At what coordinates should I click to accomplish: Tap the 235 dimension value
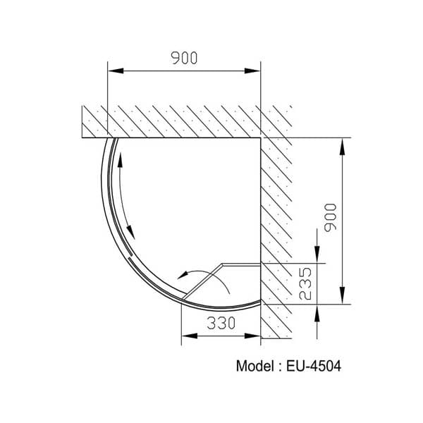click(305, 283)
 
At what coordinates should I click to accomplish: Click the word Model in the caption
click(254, 367)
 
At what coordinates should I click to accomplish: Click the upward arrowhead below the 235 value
click(319, 311)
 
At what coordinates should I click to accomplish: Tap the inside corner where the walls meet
click(261, 137)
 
